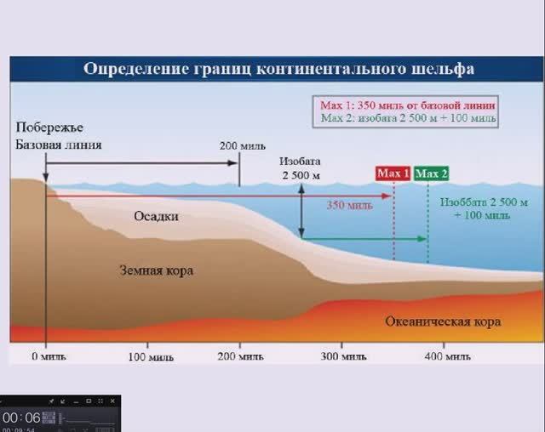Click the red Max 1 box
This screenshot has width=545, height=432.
pyautogui.click(x=394, y=173)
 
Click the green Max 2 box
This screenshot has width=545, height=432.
pyautogui.click(x=432, y=173)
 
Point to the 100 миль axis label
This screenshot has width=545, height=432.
pyautogui.click(x=150, y=357)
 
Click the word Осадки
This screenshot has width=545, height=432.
pyautogui.click(x=155, y=216)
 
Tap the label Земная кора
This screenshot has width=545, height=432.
pyautogui.click(x=155, y=270)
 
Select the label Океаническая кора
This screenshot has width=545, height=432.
pyautogui.click(x=443, y=321)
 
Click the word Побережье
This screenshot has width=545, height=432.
pyautogui.click(x=49, y=127)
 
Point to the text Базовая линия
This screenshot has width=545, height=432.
pyautogui.click(x=58, y=144)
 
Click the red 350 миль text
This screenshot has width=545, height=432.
pyautogui.click(x=348, y=205)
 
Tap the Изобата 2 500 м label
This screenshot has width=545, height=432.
pyautogui.click(x=301, y=168)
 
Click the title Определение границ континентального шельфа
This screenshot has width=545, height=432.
pyautogui.click(x=278, y=69)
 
